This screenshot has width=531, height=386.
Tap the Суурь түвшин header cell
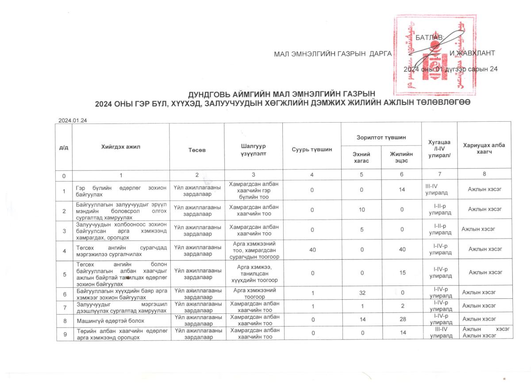pos(312,150)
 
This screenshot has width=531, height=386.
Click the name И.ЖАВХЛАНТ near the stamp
pos(472,54)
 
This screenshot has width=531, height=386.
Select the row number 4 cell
pos(65,250)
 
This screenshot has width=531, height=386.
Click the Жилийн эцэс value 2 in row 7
pos(402,306)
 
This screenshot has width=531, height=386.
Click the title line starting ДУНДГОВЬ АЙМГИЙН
pos(282,94)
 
